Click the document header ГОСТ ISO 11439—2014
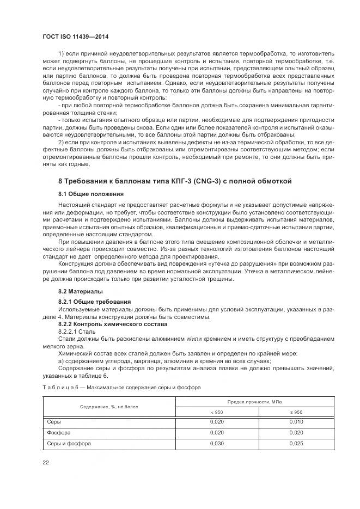[74, 36]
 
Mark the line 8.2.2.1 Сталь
[76, 331]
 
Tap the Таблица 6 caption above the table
[121, 388]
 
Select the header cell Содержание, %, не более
[109, 407]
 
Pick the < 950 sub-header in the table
[216, 412]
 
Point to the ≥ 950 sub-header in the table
[295, 412]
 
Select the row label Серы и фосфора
[69, 444]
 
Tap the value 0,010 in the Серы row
[295, 422]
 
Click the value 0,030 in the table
[217, 444]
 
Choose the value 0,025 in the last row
[295, 444]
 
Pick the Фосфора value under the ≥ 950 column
[295, 432]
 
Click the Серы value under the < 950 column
[217, 422]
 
